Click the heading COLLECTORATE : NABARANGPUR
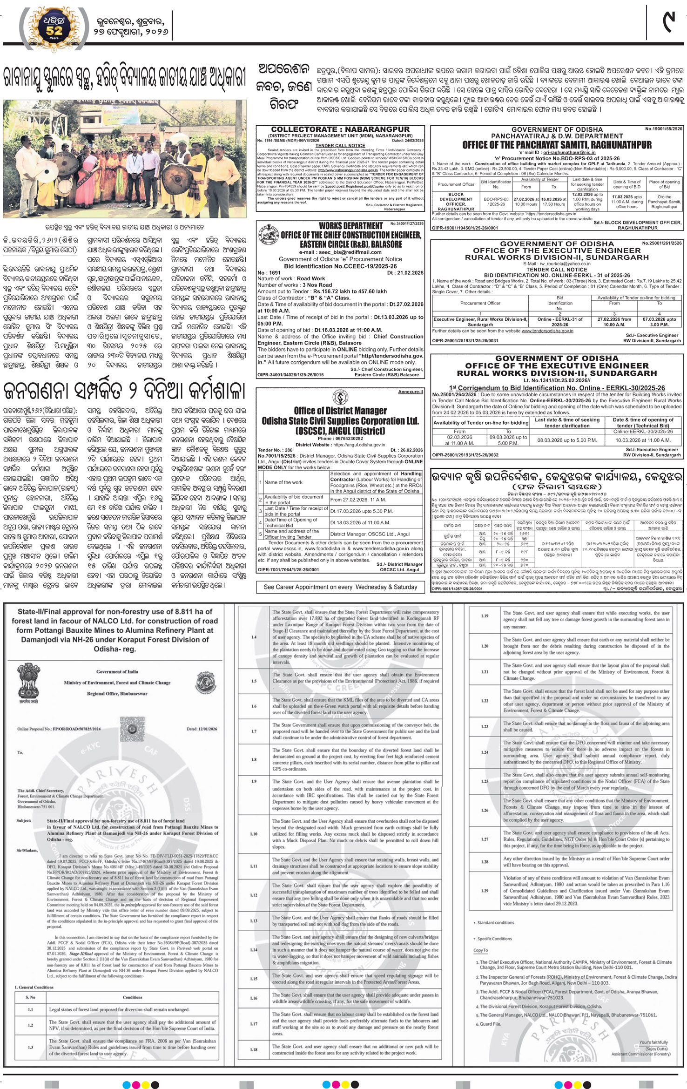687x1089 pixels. point(340,129)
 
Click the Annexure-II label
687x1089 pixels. point(410,392)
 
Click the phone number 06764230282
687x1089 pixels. point(340,439)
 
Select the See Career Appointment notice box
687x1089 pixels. point(340,587)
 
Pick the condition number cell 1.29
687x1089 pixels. point(485,891)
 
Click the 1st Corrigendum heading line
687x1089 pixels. point(557,388)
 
